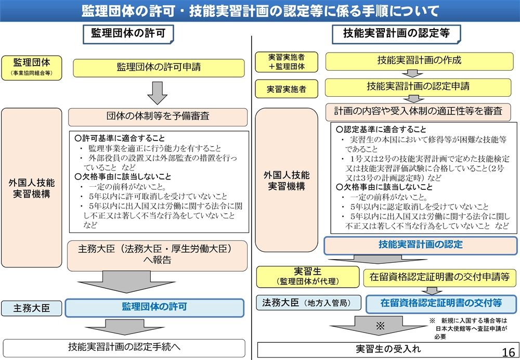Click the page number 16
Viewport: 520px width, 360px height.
509,352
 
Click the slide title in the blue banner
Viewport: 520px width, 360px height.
260,10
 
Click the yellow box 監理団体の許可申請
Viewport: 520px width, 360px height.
159,68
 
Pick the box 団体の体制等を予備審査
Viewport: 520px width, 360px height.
158,117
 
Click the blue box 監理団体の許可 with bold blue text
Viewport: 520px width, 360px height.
154,307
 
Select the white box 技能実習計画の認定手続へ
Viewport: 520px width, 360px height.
124,348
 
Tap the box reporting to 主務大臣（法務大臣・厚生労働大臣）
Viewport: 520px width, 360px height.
157,255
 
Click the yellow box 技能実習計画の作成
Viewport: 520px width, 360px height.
419,61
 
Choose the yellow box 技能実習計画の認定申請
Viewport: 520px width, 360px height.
418,87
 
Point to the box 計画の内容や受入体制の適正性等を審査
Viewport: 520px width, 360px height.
418,112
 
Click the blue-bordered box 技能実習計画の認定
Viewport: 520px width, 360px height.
421,246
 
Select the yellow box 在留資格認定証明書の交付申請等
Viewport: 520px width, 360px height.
439,278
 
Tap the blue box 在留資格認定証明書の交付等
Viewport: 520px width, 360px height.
441,304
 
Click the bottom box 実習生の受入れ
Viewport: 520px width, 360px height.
387,350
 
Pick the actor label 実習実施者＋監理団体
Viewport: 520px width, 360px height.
286,62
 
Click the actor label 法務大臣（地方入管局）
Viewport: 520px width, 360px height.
308,303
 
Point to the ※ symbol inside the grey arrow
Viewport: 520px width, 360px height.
381,325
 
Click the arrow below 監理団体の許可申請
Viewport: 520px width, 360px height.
157,93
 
